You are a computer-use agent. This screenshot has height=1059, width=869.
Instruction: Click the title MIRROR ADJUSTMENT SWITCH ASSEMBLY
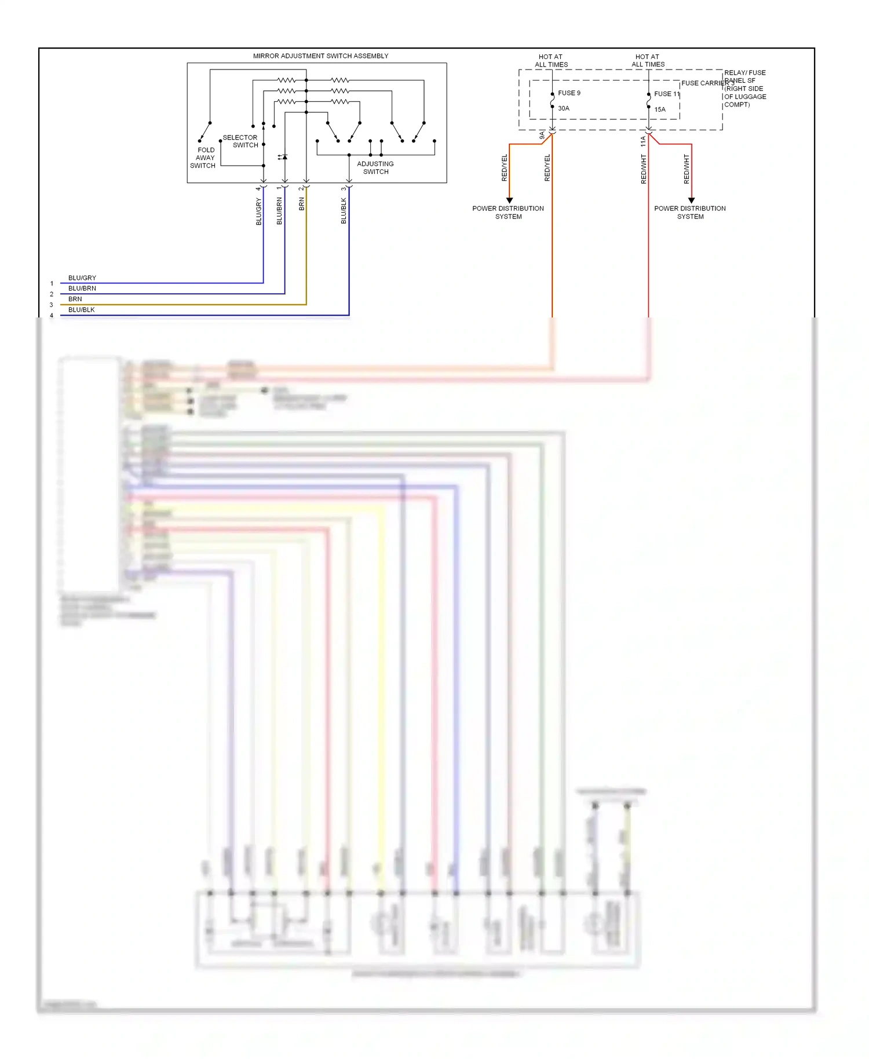click(320, 56)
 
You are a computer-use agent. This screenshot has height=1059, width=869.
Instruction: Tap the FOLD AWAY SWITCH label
click(203, 158)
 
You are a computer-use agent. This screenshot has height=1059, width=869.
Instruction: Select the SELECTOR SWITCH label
click(241, 141)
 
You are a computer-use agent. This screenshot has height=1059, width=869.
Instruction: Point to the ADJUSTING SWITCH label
click(375, 167)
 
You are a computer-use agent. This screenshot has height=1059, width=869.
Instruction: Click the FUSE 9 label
click(569, 93)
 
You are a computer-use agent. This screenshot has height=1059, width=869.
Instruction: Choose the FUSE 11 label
click(667, 94)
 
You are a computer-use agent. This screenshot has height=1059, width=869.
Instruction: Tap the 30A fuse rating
click(564, 108)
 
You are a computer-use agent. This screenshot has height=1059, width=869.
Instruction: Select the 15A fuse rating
click(660, 109)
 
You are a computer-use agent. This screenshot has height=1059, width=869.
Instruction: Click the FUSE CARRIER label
click(705, 83)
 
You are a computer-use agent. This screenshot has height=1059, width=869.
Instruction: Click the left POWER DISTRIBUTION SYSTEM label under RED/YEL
click(508, 213)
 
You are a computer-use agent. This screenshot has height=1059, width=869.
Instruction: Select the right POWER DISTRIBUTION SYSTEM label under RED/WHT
click(690, 213)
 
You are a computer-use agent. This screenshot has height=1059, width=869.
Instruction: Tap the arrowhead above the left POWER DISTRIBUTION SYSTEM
click(510, 200)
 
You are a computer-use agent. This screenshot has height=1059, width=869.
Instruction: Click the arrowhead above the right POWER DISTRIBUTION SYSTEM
click(691, 200)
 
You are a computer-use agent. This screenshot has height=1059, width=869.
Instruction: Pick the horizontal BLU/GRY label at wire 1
click(82, 278)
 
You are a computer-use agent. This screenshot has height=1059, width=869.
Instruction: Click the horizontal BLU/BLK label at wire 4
click(82, 310)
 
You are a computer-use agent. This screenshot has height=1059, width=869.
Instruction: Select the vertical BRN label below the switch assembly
click(302, 204)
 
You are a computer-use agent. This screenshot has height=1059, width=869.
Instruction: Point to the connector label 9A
click(542, 136)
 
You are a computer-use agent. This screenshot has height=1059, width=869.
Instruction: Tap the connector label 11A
click(643, 141)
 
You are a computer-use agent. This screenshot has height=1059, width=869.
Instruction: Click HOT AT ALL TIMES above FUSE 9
click(551, 61)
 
